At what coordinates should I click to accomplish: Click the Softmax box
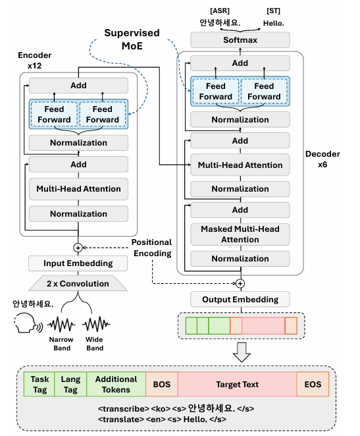click(x=240, y=40)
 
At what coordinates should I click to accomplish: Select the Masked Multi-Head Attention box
click(x=240, y=234)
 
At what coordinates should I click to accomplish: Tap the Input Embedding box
click(x=78, y=263)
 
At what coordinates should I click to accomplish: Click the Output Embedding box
click(x=240, y=299)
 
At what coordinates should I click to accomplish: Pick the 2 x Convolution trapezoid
click(x=78, y=283)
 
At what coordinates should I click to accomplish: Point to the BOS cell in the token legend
click(x=162, y=384)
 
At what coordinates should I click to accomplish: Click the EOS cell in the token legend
click(x=313, y=384)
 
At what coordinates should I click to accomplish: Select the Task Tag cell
click(x=39, y=384)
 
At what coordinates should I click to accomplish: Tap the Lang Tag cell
click(x=70, y=384)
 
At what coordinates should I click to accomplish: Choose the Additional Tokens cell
click(x=116, y=384)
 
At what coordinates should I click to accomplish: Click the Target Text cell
click(x=237, y=384)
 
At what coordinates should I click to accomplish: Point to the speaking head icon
click(x=28, y=323)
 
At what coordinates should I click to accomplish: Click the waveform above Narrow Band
click(x=61, y=324)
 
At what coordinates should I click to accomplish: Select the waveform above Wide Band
click(x=96, y=324)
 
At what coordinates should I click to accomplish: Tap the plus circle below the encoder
click(x=78, y=248)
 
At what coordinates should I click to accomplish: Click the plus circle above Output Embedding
click(x=240, y=283)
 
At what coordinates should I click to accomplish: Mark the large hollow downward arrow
click(x=242, y=352)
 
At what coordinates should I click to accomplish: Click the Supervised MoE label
click(x=132, y=40)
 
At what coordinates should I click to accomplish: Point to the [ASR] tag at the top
click(x=220, y=11)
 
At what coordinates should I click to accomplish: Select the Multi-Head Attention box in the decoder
click(x=240, y=165)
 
